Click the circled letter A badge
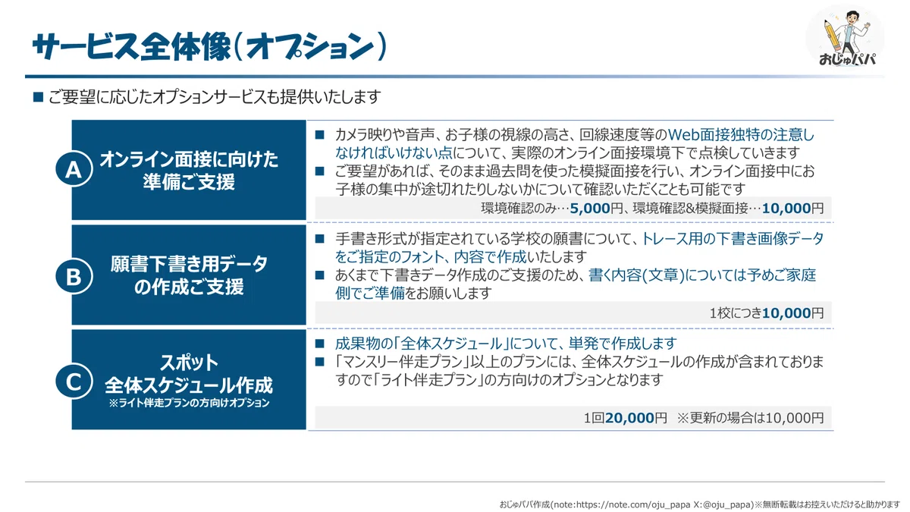pos(74,169)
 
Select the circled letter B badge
pos(74,276)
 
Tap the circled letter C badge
pos(74,382)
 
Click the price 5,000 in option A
pos(589,209)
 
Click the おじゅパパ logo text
pos(847,59)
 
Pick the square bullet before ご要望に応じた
pos(38,97)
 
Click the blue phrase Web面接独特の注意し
pos(741,134)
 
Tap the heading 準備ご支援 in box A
pos(189,181)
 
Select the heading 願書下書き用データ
pos(189,265)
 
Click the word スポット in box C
pos(189,363)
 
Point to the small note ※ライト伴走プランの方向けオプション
pos(189,403)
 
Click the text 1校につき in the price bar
pos(736,313)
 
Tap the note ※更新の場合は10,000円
pos(750,418)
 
